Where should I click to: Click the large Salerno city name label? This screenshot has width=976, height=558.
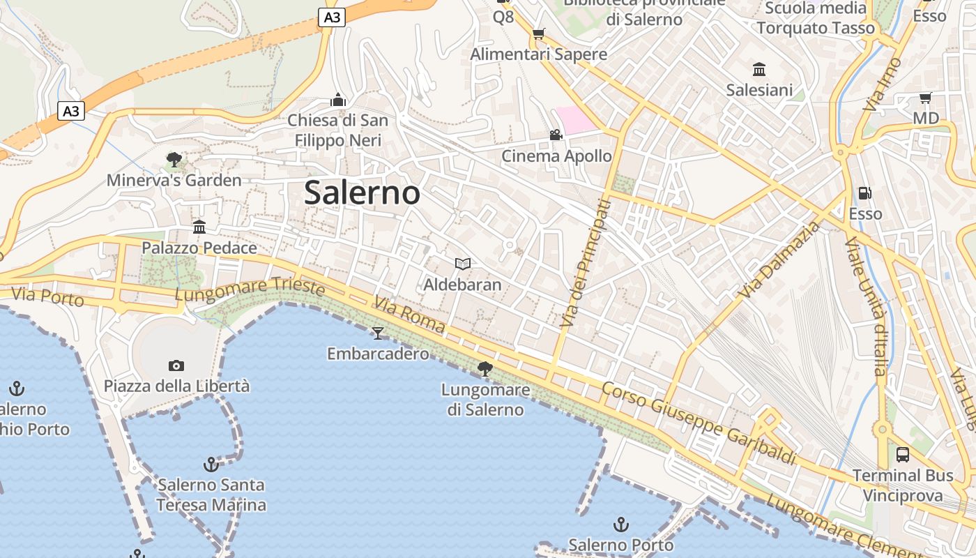click(362, 193)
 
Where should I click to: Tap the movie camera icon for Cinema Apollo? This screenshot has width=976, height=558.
click(556, 135)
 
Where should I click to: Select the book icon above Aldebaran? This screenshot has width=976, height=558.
click(462, 264)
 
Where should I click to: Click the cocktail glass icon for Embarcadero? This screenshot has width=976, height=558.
click(378, 333)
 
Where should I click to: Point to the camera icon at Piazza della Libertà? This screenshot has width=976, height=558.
click(176, 365)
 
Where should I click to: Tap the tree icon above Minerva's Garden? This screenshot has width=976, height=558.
click(174, 160)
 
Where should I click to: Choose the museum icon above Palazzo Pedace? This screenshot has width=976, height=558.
click(199, 227)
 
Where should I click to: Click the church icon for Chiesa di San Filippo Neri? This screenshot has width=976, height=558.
click(338, 100)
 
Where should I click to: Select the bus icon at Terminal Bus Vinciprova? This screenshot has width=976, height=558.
click(903, 455)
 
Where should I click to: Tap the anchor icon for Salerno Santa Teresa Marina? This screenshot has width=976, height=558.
click(211, 464)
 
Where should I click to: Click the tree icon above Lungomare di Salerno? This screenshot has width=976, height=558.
click(485, 369)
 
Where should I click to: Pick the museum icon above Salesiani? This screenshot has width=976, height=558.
click(759, 69)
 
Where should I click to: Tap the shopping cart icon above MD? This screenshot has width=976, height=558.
click(925, 98)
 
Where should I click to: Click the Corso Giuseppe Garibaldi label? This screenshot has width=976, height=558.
click(699, 423)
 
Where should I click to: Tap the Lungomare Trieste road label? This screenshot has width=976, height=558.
click(250, 289)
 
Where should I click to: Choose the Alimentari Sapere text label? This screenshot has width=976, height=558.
click(538, 54)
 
